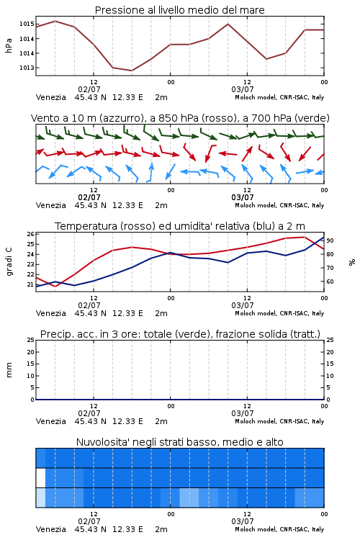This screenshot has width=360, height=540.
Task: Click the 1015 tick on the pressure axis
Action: click(x=27, y=24)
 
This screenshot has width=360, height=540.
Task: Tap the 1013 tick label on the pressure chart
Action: click(x=27, y=68)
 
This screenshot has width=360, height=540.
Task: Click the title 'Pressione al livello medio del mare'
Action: click(x=179, y=10)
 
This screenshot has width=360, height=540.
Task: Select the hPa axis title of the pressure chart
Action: click(x=9, y=45)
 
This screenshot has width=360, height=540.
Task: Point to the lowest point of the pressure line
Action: click(x=132, y=71)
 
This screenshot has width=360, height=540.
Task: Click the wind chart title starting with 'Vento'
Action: click(x=180, y=118)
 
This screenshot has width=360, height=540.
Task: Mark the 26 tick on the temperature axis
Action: click(x=30, y=234)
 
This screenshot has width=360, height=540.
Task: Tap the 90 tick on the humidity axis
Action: click(x=330, y=240)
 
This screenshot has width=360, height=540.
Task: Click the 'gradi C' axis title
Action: click(x=9, y=262)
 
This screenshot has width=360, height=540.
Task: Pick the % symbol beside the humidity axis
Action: click(x=352, y=262)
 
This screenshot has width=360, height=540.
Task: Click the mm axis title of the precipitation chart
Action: click(x=9, y=370)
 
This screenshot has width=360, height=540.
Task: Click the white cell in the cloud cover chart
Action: click(x=40, y=477)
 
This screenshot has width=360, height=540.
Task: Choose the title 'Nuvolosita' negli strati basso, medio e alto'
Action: click(x=179, y=442)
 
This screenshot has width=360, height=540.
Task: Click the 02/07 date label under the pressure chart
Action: click(x=89, y=89)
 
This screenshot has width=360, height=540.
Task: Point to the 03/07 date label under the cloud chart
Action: click(x=242, y=521)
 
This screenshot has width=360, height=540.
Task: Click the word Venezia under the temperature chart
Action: click(x=50, y=313)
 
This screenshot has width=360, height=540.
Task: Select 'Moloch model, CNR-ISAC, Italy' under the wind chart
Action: click(x=279, y=205)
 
